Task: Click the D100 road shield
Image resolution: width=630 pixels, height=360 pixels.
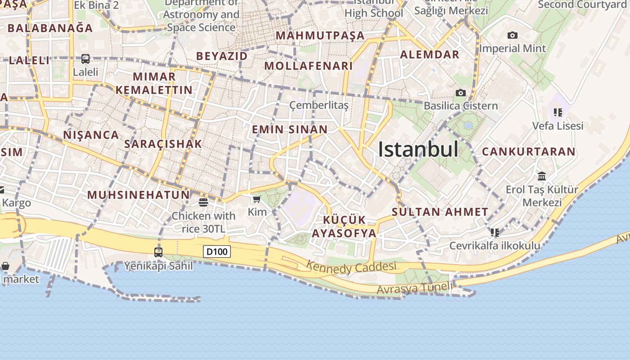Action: (217, 252)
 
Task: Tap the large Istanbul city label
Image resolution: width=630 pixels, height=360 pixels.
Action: (418, 149)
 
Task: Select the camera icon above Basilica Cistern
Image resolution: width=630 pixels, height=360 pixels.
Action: (460, 93)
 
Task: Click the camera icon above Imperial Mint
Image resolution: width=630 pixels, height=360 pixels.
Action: (512, 35)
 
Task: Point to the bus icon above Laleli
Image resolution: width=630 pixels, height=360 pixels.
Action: (85, 58)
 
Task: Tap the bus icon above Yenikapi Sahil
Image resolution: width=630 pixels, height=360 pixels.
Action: (158, 252)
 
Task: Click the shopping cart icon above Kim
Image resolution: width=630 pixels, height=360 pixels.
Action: (257, 198)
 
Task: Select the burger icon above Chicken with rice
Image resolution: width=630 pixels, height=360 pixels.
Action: (203, 202)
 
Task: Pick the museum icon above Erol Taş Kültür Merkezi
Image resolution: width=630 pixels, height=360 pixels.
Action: (542, 176)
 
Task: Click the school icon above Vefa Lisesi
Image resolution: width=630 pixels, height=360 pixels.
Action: (558, 112)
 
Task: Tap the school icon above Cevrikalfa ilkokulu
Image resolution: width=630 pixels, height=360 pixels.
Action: (495, 232)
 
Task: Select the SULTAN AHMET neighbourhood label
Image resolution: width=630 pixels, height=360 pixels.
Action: (440, 212)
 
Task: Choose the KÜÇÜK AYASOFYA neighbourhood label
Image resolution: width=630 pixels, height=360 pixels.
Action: (344, 226)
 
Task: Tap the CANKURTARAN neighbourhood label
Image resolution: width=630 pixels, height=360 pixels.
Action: (529, 152)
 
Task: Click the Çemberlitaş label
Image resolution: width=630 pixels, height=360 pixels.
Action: (319, 105)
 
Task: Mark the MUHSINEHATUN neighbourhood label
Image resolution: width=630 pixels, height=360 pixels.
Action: (138, 195)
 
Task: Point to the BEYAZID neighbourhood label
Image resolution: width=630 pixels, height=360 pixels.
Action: (222, 56)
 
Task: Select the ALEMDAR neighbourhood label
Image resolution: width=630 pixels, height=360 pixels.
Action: (430, 54)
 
